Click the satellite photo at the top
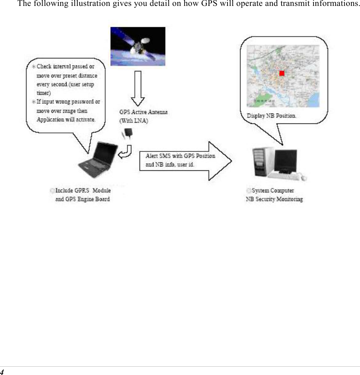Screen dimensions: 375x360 coord(138,46)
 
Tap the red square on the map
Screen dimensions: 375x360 coord(282,73)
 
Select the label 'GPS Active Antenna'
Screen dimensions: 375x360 coord(143,112)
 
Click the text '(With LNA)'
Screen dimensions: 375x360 coord(134,121)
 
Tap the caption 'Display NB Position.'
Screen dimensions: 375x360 coord(271,116)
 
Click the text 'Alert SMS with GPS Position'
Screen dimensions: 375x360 coord(180,156)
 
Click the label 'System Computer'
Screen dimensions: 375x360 coord(272,191)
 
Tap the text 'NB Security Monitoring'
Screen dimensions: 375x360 coord(274,199)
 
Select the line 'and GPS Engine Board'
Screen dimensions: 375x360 coord(82,199)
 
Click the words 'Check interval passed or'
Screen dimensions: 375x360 coord(65,67)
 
